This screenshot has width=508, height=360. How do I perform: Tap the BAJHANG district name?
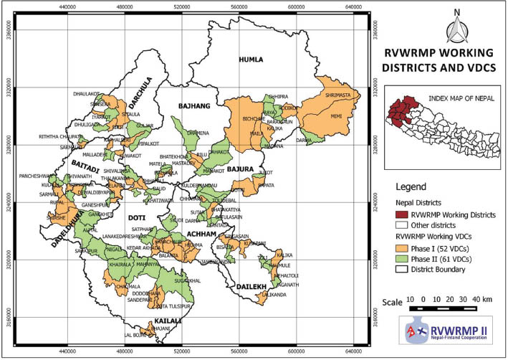(191, 106)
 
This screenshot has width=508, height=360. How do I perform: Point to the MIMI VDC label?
(336, 115)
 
